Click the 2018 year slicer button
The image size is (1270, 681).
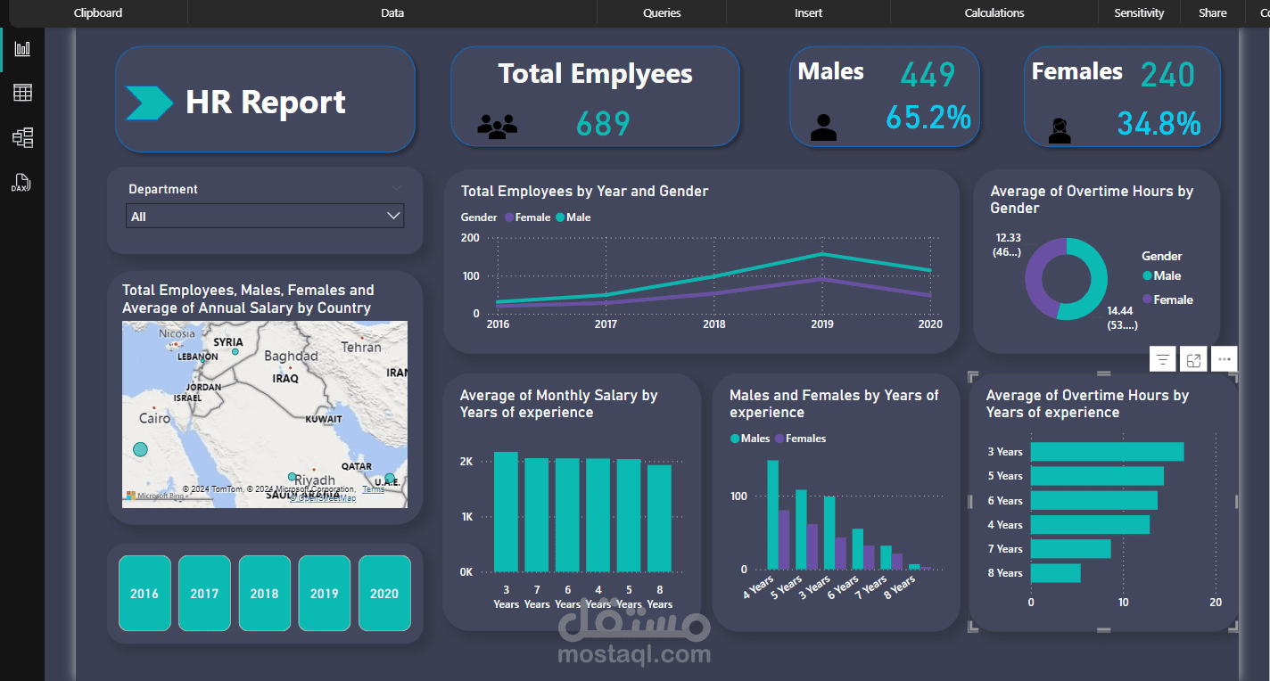coord(264,593)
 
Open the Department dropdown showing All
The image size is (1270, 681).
coord(265,216)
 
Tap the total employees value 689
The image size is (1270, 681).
coord(603,124)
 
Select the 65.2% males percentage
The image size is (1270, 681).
coord(928,118)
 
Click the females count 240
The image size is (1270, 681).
coord(1167,75)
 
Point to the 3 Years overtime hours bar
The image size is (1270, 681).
coord(1107,452)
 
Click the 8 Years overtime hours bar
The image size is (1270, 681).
coord(1055,573)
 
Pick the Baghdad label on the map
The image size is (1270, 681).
coord(291,356)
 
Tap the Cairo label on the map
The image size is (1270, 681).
coord(154,418)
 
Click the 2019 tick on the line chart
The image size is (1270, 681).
coord(821,324)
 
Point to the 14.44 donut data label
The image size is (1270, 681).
coord(1121,311)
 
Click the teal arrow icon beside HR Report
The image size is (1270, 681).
coord(149,103)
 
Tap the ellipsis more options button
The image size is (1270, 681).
coord(1224,359)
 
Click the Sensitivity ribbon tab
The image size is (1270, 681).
coord(1139,12)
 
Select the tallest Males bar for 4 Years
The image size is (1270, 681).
coord(772,514)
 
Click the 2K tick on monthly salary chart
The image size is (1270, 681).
coord(466,462)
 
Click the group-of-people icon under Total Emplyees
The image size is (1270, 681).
coord(497,127)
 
